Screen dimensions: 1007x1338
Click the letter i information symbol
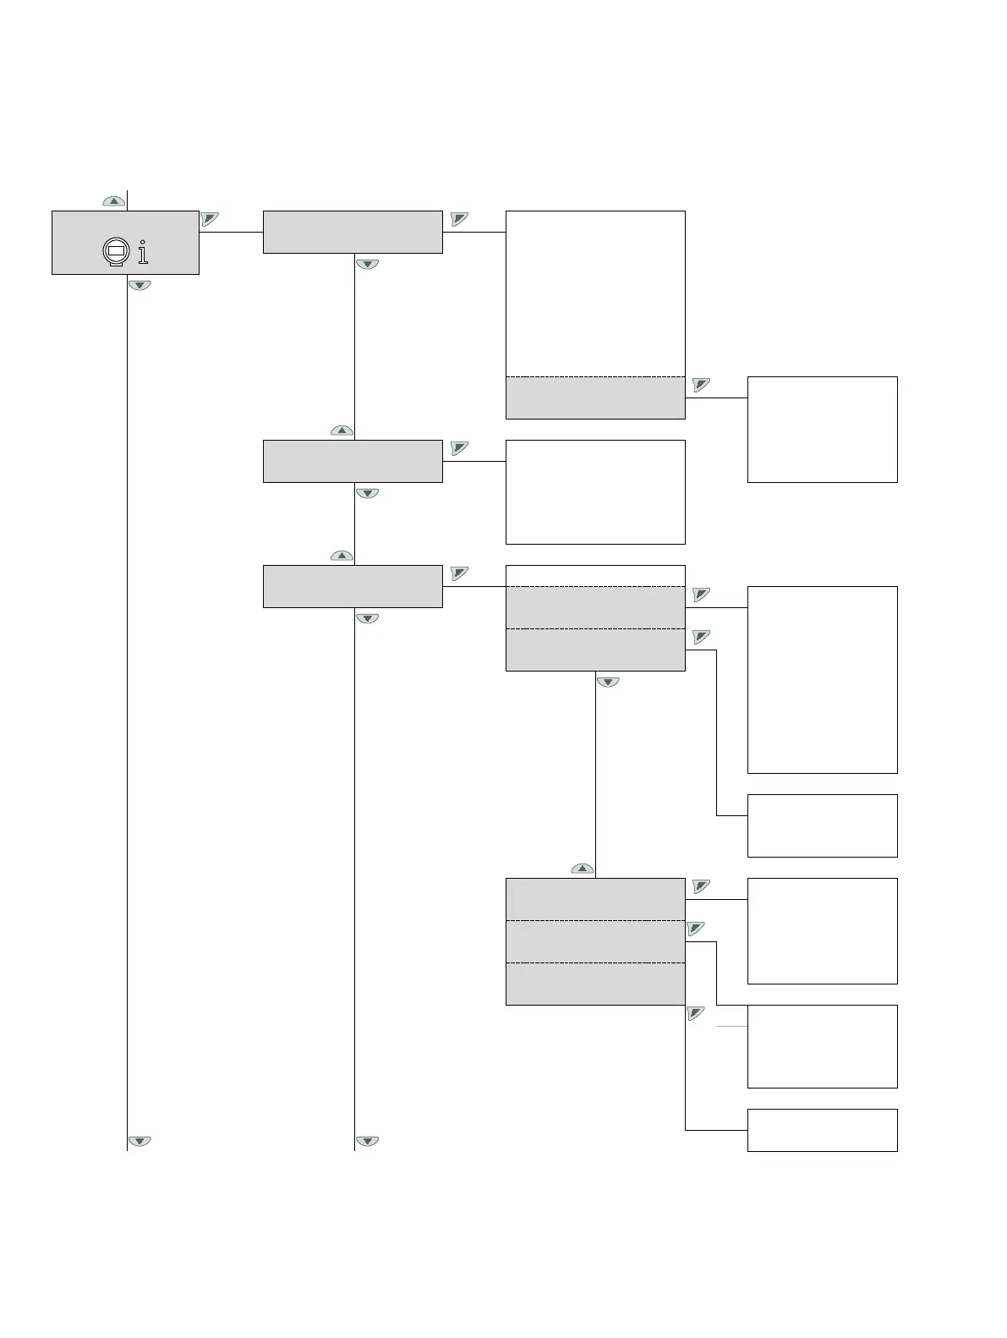[143, 252]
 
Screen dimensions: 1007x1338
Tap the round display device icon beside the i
[114, 252]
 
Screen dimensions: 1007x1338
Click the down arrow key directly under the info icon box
[140, 285]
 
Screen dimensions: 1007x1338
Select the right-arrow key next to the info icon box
[210, 219]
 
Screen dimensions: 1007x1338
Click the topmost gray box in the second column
[353, 232]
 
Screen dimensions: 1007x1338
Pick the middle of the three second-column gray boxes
[353, 461]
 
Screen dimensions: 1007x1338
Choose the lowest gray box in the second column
[353, 586]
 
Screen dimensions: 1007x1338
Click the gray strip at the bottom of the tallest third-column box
[595, 398]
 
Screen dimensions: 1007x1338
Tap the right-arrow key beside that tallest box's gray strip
[701, 385]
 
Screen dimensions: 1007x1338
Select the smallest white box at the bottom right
[822, 1130]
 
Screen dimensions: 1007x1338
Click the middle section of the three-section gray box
[595, 941]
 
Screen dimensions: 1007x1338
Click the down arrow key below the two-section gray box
[608, 682]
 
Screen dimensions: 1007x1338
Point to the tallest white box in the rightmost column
[822, 679]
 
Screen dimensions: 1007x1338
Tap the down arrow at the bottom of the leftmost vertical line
[140, 1141]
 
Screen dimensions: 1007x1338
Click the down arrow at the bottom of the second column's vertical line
[367, 1141]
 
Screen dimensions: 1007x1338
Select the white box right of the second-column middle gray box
[595, 491]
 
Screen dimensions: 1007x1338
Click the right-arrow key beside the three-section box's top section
[701, 886]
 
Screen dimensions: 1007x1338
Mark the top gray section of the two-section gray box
[595, 607]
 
